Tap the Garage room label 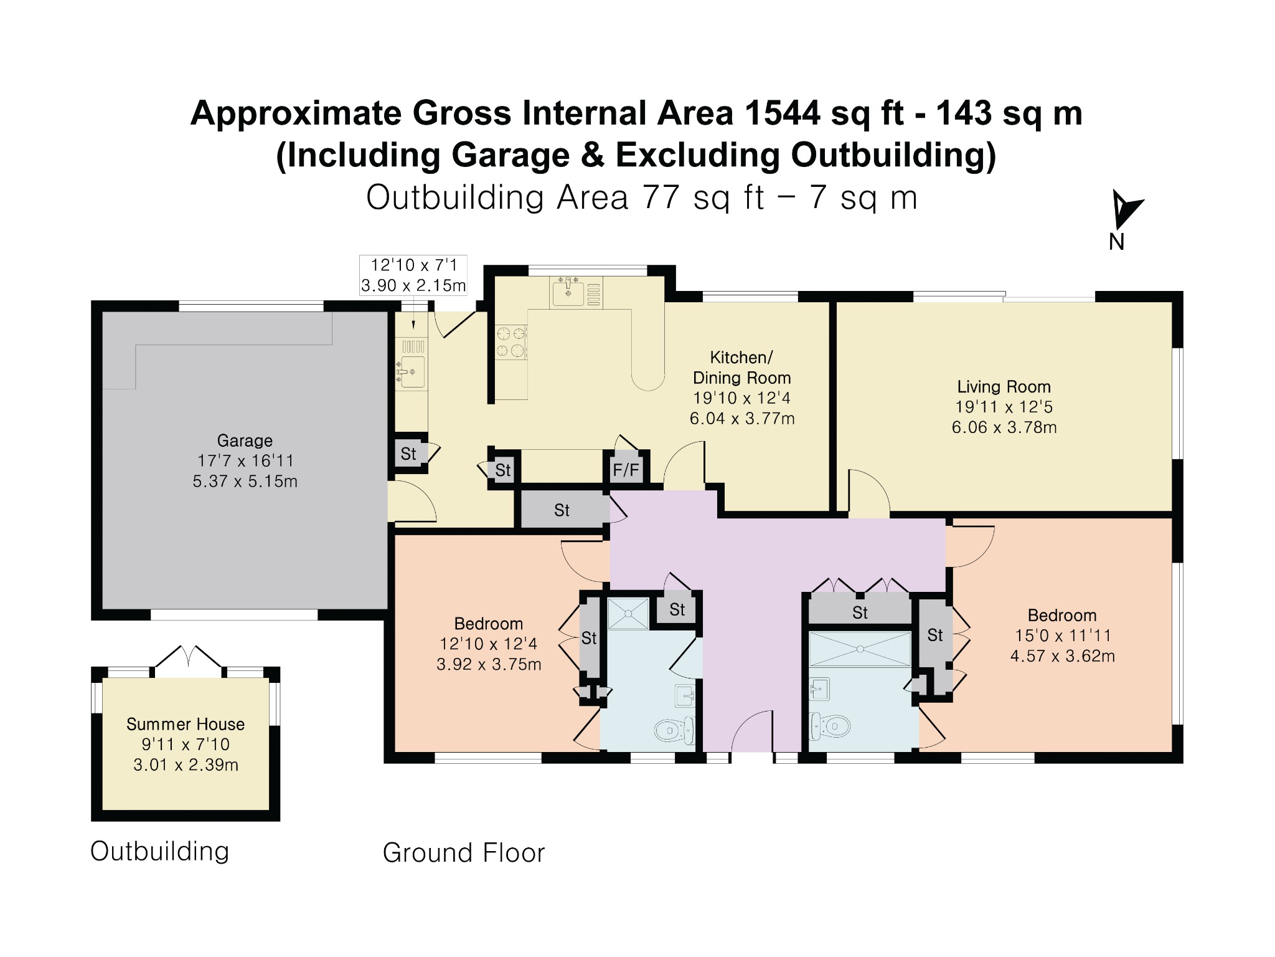point(245,440)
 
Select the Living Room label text point(1004,387)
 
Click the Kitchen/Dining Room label point(741,368)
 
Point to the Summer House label point(186,724)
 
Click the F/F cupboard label point(626,470)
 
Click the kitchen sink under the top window point(568,292)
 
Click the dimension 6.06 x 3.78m point(1004,427)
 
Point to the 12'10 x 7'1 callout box point(413,275)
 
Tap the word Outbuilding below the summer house point(160,852)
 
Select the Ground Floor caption point(464,853)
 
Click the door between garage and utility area point(412,502)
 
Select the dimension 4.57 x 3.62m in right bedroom point(1062,656)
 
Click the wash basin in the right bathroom point(819,689)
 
